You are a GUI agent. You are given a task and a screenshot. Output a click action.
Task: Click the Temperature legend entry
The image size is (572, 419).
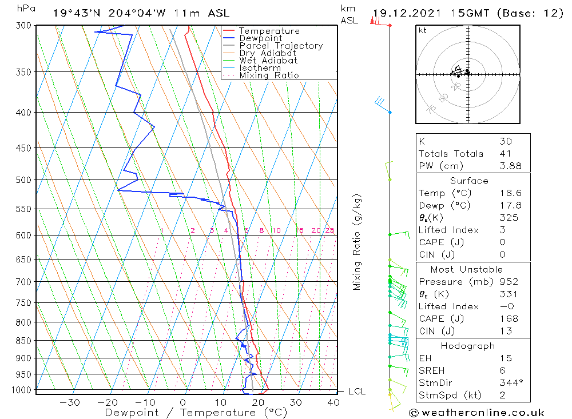pyautogui.click(x=269, y=31)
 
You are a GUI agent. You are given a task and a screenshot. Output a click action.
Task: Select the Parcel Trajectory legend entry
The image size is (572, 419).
pyautogui.click(x=281, y=46)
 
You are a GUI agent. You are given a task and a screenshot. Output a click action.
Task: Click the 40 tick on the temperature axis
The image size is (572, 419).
pyautogui.click(x=333, y=402)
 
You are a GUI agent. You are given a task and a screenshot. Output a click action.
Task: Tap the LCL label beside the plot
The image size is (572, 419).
pyautogui.click(x=356, y=392)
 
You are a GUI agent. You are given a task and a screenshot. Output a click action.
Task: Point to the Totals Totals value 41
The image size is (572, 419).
pyautogui.click(x=505, y=154)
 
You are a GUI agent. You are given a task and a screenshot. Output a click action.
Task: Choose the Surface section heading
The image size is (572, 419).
pyautogui.click(x=469, y=181)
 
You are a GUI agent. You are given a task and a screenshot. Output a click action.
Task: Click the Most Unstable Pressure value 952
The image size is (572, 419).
pyautogui.click(x=509, y=282)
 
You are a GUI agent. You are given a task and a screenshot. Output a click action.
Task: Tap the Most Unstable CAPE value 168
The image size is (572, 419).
pyautogui.click(x=509, y=319)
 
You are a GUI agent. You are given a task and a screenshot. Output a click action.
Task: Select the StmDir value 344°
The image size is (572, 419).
pyautogui.click(x=509, y=383)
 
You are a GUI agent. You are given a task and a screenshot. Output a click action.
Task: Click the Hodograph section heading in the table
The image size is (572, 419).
pyautogui.click(x=468, y=346)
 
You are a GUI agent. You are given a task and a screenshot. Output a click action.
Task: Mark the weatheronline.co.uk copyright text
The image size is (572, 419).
pyautogui.click(x=476, y=413)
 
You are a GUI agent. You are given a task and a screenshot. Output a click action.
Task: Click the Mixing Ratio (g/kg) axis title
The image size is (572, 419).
pyautogui.click(x=357, y=242)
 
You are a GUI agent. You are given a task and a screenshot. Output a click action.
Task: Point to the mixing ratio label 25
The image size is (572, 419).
pyautogui.click(x=329, y=231)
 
